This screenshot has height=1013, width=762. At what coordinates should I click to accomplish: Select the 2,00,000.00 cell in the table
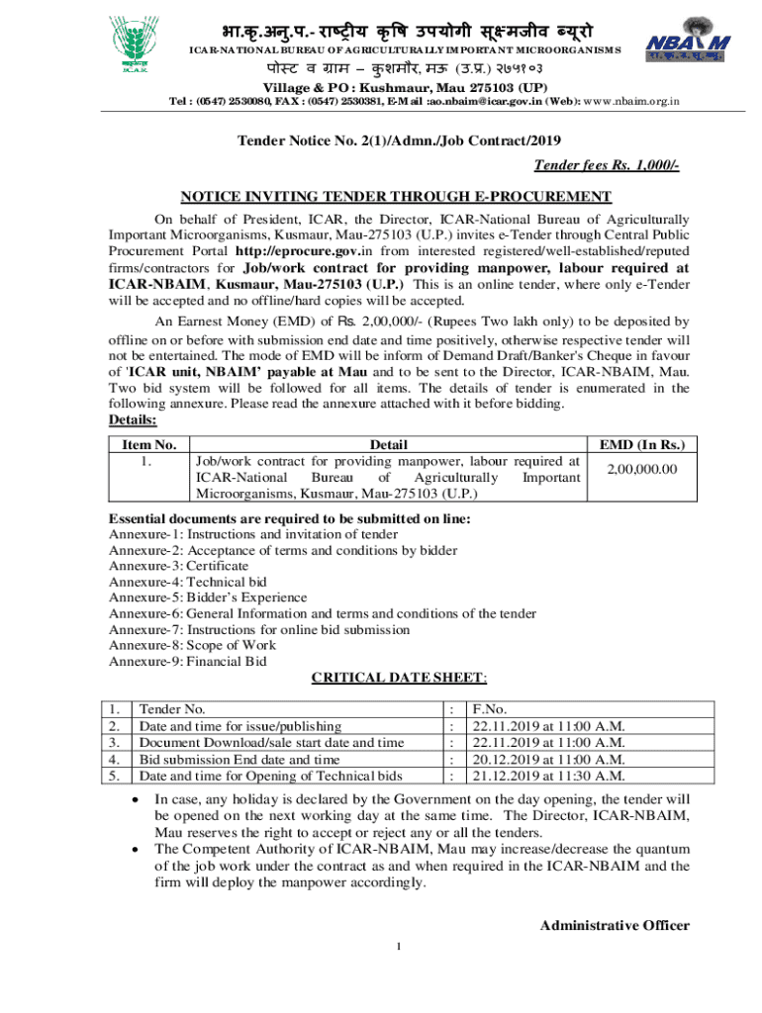coord(641,469)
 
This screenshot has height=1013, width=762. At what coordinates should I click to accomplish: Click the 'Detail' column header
coord(387,445)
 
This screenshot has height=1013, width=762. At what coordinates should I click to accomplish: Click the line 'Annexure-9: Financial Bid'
coord(187,662)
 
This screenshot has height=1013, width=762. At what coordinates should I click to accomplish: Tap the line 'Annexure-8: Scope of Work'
coord(191,646)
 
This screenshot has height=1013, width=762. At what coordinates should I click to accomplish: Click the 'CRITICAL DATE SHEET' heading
coord(399,678)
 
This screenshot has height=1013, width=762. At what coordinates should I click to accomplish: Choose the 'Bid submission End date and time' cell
coord(238,759)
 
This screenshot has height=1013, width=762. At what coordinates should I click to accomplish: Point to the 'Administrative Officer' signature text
coord(614,925)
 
